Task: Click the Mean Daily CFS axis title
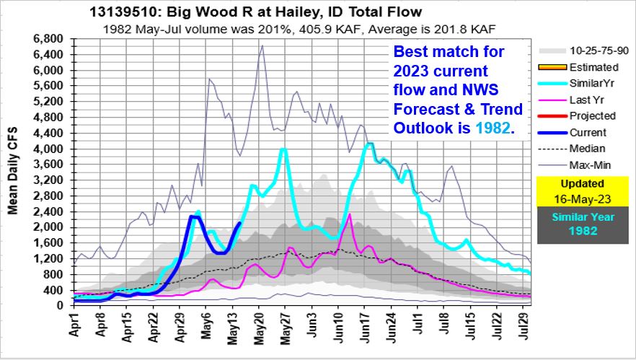click(x=13, y=172)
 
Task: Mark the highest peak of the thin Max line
click(x=262, y=45)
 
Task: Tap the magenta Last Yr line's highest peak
click(x=350, y=214)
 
